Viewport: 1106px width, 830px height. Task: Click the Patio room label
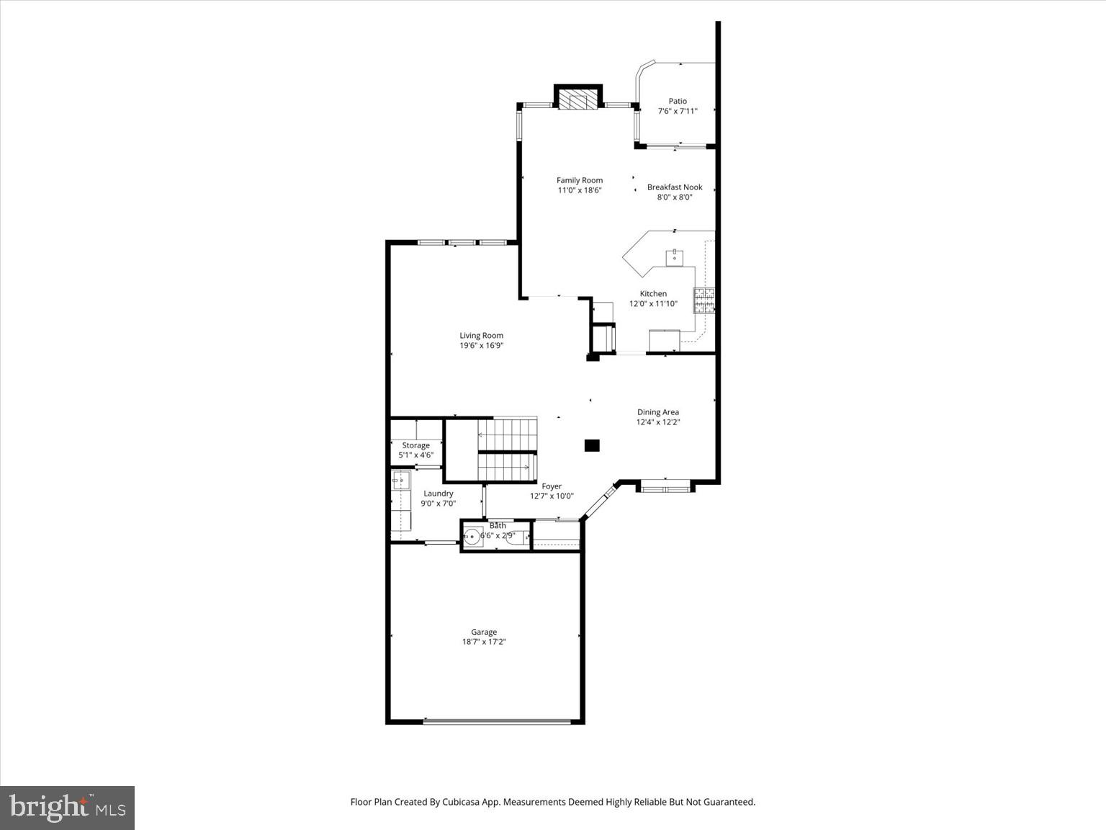[677, 102]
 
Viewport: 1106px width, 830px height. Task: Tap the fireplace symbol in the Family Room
[578, 99]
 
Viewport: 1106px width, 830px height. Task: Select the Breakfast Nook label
[674, 187]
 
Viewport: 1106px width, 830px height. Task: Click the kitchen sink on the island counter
[675, 257]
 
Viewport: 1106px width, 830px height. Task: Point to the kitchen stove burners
[703, 300]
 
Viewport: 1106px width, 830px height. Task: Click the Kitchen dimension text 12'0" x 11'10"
[653, 304]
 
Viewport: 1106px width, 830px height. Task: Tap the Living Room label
[481, 336]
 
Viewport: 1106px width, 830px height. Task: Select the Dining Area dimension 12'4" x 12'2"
[657, 422]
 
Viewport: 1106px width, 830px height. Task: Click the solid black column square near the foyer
[591, 445]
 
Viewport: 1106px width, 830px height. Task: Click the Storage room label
[415, 445]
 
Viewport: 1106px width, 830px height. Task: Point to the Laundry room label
[438, 494]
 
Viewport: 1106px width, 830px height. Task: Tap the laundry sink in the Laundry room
[400, 480]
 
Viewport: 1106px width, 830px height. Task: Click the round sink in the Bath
[472, 536]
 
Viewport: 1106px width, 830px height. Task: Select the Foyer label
[552, 486]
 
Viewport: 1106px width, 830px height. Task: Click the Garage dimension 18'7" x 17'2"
[484, 642]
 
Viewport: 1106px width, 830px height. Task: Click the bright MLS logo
[67, 808]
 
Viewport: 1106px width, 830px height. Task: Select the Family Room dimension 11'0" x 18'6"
[579, 191]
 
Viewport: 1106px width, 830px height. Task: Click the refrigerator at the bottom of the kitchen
[664, 340]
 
